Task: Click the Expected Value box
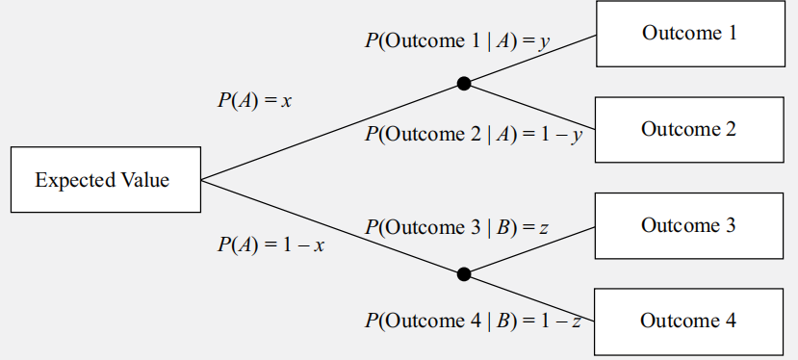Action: pos(105,179)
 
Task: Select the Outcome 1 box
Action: pos(688,34)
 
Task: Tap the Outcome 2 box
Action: pos(688,129)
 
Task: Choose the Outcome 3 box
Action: pos(688,225)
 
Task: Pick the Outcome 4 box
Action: pos(688,321)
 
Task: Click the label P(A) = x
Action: pos(254,100)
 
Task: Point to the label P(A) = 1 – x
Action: pos(270,244)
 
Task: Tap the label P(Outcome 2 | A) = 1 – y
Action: pos(474,135)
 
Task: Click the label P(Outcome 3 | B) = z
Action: pos(456,228)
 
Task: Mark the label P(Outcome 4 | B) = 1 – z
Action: pos(473,321)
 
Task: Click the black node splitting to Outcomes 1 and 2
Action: pos(464,84)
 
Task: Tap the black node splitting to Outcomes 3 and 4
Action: pos(464,274)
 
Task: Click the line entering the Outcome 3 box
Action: pos(539,247)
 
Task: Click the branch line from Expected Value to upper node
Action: pos(332,132)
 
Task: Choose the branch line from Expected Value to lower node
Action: pos(332,227)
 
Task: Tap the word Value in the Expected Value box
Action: pos(143,180)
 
